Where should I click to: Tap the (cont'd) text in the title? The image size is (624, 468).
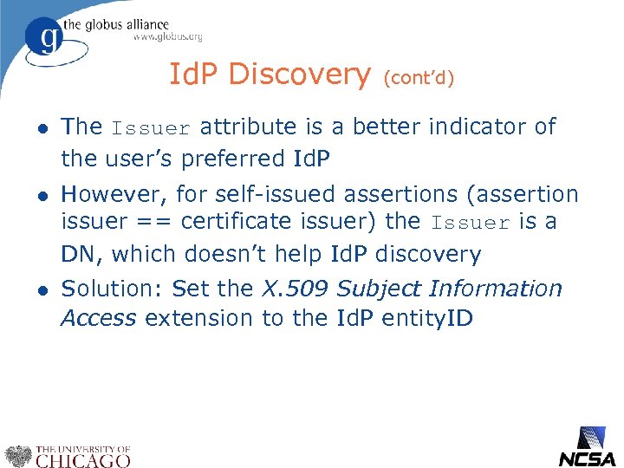[419, 78]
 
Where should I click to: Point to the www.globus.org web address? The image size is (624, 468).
[167, 36]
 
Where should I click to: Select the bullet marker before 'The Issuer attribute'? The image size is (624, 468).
[40, 127]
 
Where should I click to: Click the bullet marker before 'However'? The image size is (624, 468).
[40, 195]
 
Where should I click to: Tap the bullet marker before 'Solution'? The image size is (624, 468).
[40, 289]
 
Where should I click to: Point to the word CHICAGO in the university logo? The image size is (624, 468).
[84, 460]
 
